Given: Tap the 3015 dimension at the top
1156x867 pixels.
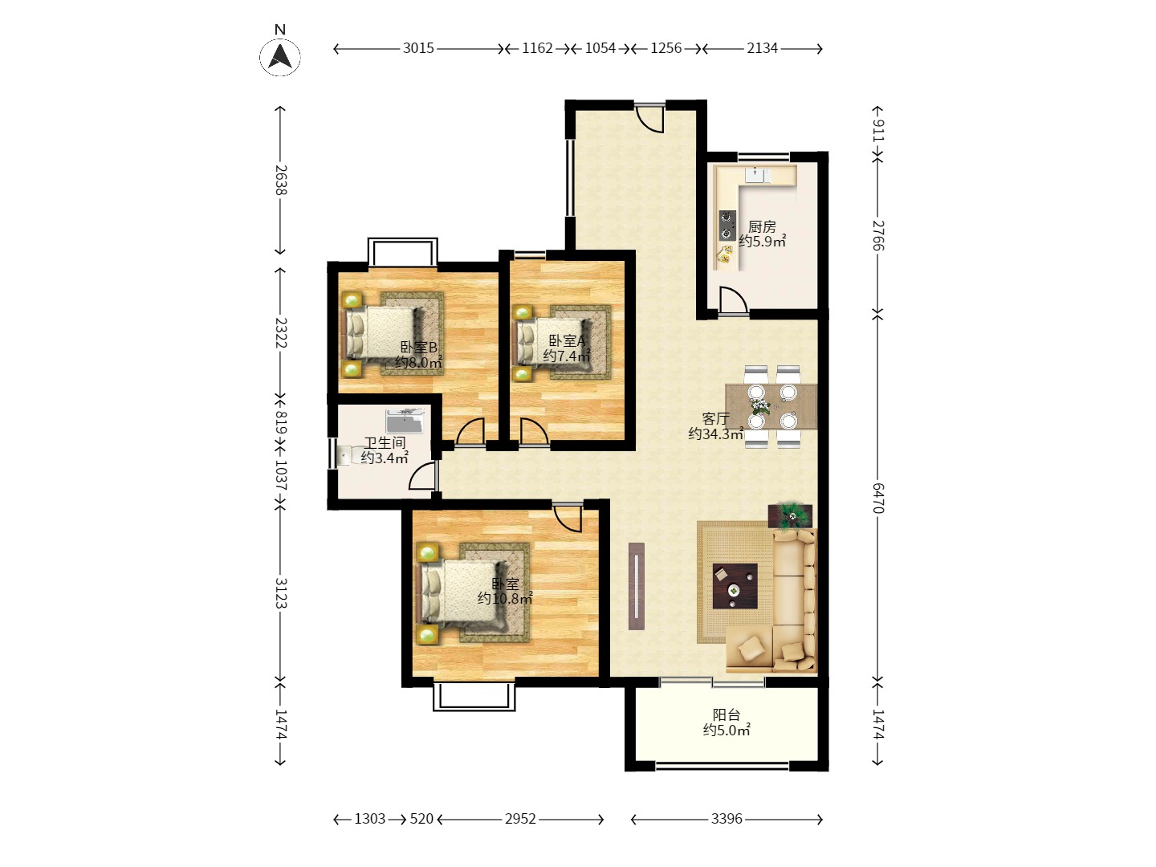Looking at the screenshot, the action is coord(418,48).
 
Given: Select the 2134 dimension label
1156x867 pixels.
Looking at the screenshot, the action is coord(762,48).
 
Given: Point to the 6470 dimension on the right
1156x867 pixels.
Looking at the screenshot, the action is coord(878,498).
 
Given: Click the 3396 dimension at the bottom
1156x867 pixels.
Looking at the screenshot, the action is coord(727,819).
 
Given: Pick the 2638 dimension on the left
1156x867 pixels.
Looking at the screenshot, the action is coord(281,180).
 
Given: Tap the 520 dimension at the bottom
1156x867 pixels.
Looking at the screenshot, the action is coord(421,819).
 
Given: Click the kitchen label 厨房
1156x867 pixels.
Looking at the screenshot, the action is coord(762,227).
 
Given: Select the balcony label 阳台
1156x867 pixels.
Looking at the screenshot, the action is coord(727,714).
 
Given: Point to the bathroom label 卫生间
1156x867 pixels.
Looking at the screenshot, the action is coord(385,442).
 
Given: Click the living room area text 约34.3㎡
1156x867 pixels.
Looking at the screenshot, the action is coord(715,433).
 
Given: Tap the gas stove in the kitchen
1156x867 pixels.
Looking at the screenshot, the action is coord(727,226).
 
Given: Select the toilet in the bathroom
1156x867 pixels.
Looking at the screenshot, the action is coord(345,455).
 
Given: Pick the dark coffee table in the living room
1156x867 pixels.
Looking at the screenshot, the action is coord(735,586).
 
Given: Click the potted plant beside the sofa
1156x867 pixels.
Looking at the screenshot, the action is coord(790,515).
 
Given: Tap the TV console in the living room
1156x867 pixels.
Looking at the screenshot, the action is coord(636,586).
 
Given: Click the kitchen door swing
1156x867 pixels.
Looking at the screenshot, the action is coord(733,300).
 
